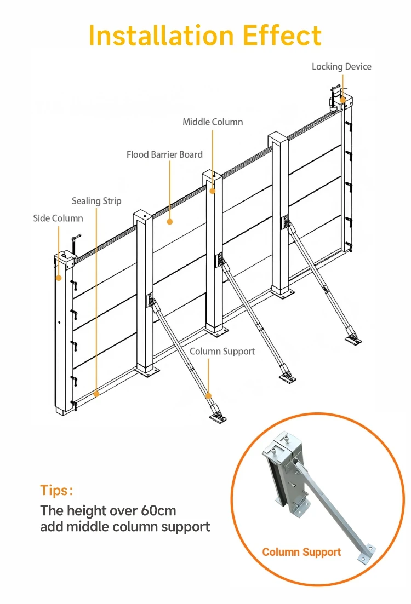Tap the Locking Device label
tap(341, 67)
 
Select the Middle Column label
tap(213, 122)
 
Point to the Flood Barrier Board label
tap(164, 154)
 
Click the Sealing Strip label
tap(96, 201)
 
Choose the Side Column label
tap(58, 218)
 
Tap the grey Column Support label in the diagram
tap(222, 351)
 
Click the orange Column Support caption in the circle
tap(301, 552)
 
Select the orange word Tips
tap(56, 490)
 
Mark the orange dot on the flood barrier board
tap(170, 222)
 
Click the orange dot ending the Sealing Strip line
tap(96, 393)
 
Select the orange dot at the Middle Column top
tap(213, 191)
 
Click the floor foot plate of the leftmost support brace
tap(218, 417)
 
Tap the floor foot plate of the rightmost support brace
tap(352, 340)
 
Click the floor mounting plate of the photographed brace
tap(366, 553)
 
